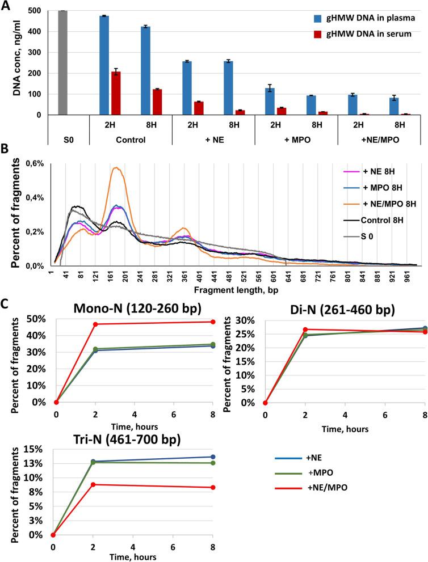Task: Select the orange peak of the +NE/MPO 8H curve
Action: (x=116, y=168)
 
